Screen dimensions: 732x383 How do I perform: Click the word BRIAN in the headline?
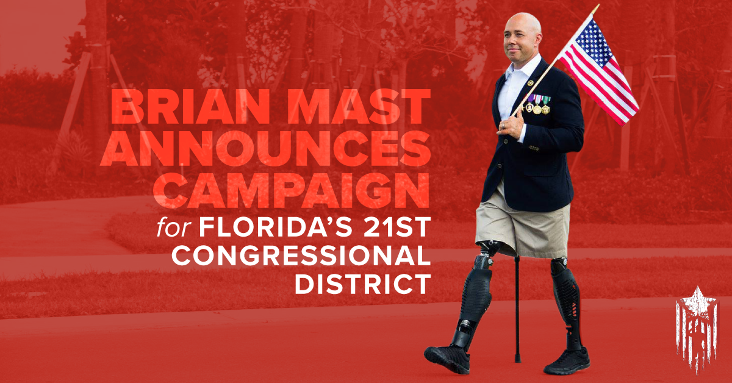pyautogui.click(x=190, y=107)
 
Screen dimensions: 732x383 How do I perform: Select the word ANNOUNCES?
pyautogui.click(x=265, y=149)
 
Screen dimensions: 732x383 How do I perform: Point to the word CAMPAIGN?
pyautogui.click(x=291, y=190)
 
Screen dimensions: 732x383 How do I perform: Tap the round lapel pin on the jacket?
pyautogui.click(x=529, y=84)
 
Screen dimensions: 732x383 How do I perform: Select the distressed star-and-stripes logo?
pyautogui.click(x=697, y=329)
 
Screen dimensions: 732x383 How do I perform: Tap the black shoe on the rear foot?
pyautogui.click(x=567, y=362)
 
